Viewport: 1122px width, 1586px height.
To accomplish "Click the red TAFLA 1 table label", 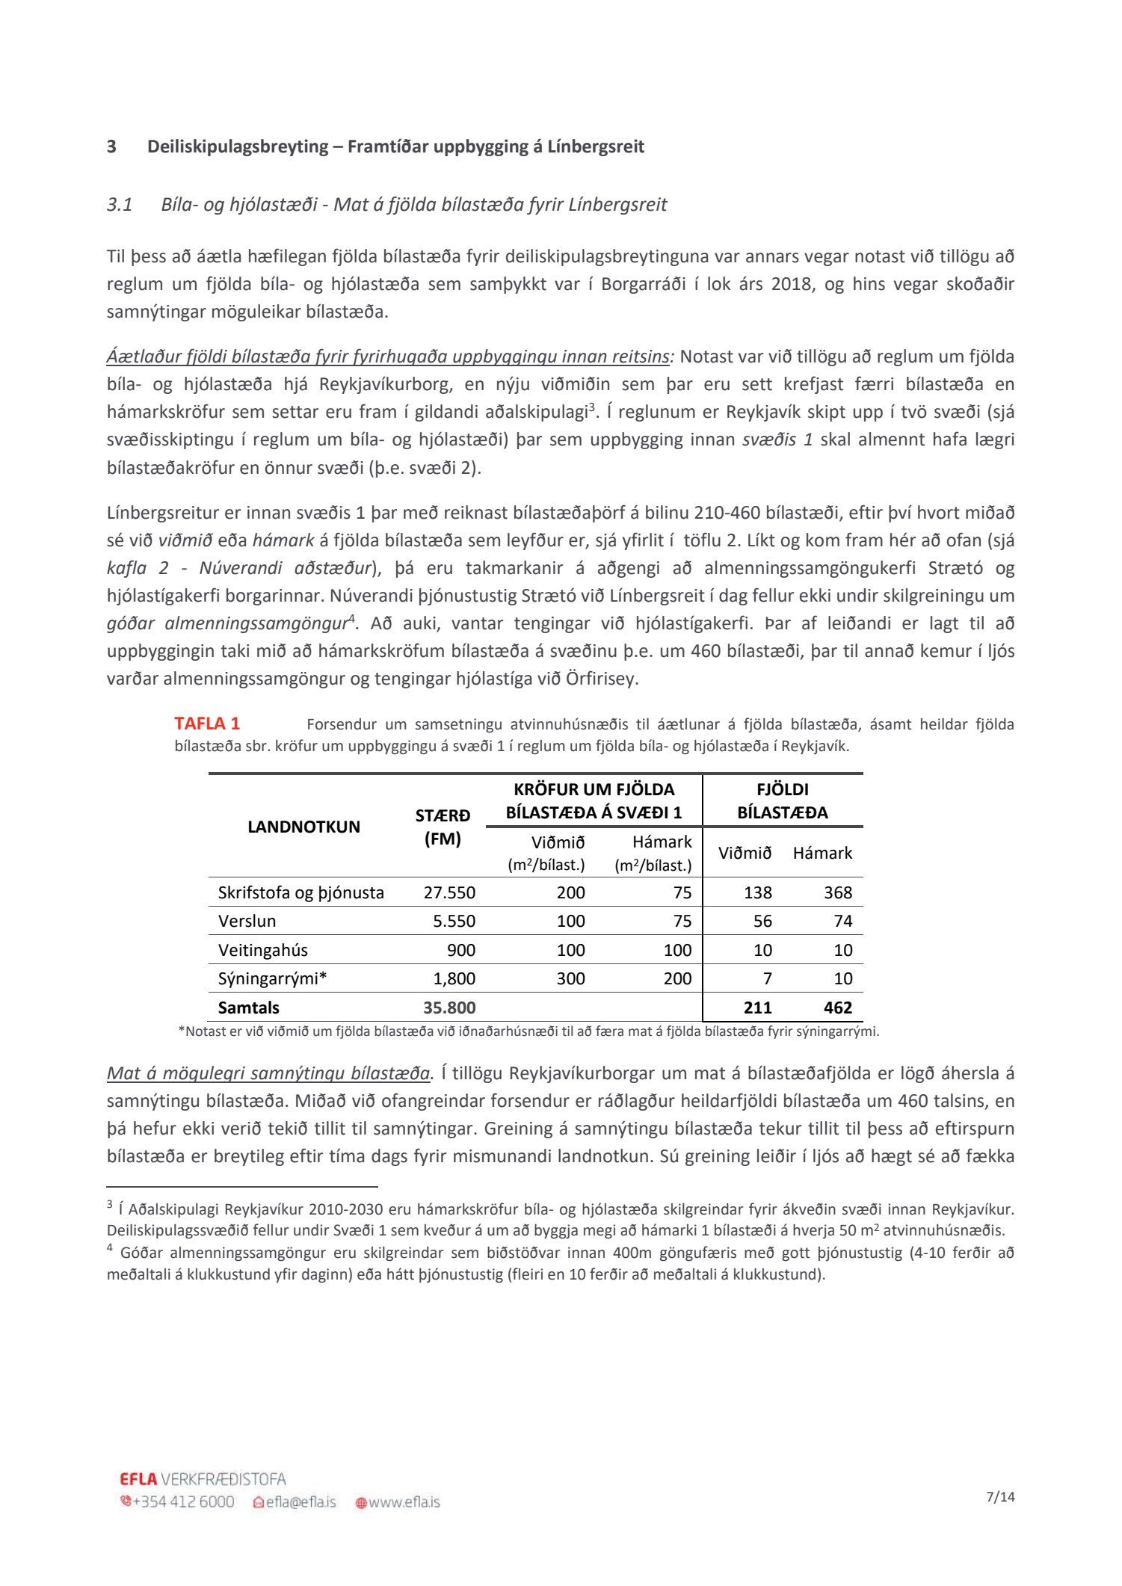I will click(x=207, y=723).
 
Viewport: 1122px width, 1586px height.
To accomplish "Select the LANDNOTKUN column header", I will click(x=303, y=827).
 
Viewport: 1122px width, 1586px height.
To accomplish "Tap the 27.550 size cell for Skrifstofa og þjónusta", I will click(x=449, y=892).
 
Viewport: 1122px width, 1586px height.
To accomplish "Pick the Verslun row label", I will click(x=247, y=921).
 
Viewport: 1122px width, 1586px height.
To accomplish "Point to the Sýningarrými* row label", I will click(x=272, y=978).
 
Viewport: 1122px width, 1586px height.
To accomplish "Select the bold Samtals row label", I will click(x=248, y=1008).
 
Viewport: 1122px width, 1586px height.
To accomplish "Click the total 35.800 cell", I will click(x=449, y=1008).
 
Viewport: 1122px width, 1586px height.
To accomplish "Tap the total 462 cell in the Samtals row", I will click(x=838, y=1008).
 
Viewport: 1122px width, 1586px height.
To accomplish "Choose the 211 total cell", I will click(x=757, y=1008).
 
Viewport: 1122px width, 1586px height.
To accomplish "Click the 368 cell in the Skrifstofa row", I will click(x=838, y=892).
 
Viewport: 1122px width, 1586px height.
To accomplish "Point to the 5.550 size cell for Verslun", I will click(x=454, y=921).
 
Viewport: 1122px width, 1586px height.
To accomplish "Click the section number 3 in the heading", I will click(x=111, y=146).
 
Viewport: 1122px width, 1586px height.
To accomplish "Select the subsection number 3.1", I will click(x=120, y=205).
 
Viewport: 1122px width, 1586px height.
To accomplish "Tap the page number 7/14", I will click(x=1001, y=1496).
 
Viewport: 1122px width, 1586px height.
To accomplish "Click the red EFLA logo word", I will click(x=138, y=1478).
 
